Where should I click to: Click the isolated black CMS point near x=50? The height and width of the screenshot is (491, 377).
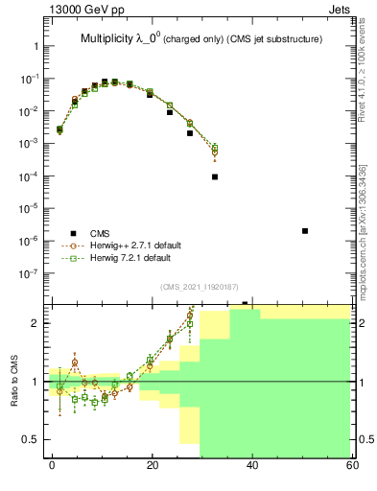click(304, 231)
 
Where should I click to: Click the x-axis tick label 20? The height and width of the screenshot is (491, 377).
click(152, 465)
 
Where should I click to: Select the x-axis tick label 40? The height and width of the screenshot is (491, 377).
click(252, 465)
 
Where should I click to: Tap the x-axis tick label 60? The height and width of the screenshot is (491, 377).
click(351, 465)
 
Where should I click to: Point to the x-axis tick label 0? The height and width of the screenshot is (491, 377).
click(52, 465)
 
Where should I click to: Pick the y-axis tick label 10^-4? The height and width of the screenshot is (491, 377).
click(33, 176)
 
